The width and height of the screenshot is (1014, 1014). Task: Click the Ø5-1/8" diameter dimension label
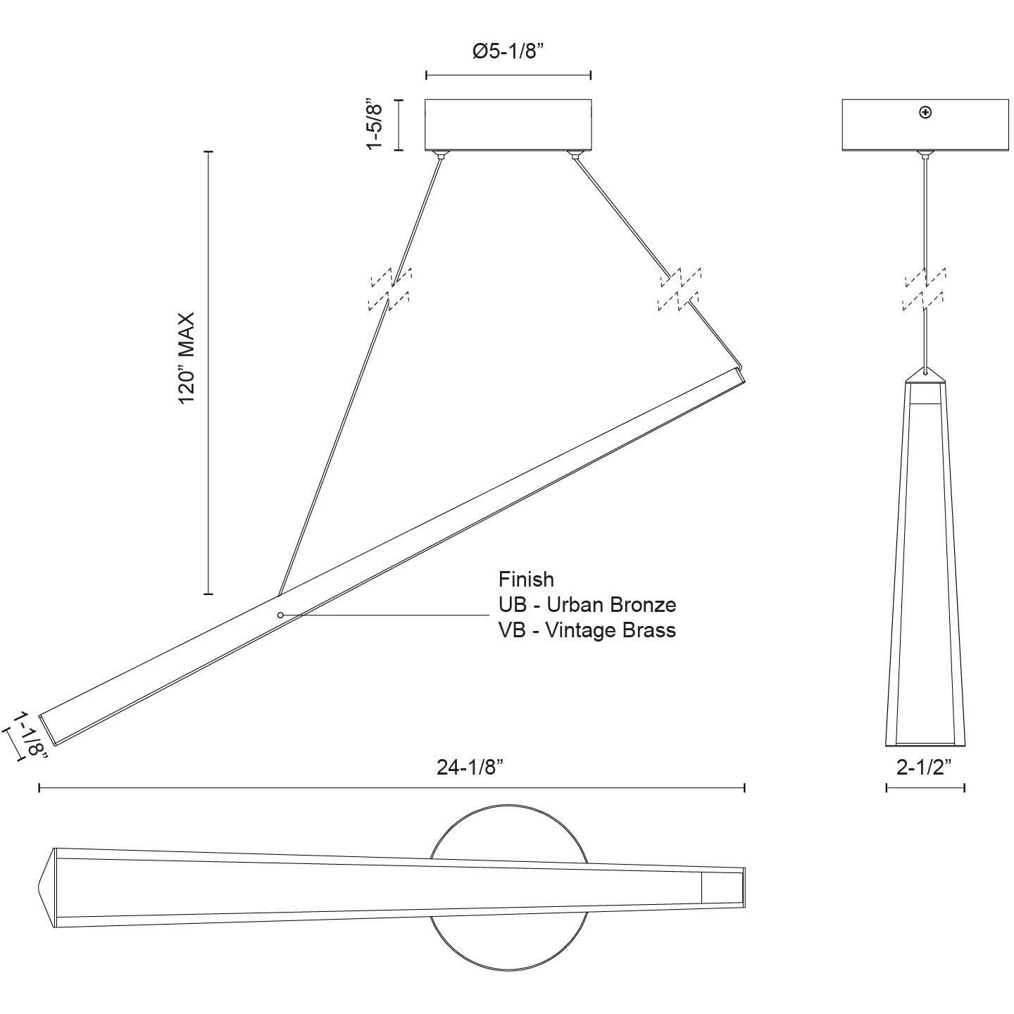pos(508,51)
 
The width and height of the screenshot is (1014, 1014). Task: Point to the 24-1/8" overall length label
pos(470,767)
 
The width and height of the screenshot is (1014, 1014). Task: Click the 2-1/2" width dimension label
pos(924,767)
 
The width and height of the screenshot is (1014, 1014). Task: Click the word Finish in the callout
pos(526,580)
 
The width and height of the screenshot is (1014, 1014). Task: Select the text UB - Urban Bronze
pos(587,604)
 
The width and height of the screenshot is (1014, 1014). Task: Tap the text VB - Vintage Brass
pos(587,630)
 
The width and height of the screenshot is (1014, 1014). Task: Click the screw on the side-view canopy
pos(925,112)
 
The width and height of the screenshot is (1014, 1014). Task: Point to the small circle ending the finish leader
pos(280,615)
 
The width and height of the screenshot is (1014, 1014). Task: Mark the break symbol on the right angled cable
pos(680,289)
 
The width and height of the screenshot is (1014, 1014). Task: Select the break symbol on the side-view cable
pos(925,289)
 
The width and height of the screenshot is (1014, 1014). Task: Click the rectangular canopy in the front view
pos(508,125)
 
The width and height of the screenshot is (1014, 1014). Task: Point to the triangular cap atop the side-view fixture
pos(925,374)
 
